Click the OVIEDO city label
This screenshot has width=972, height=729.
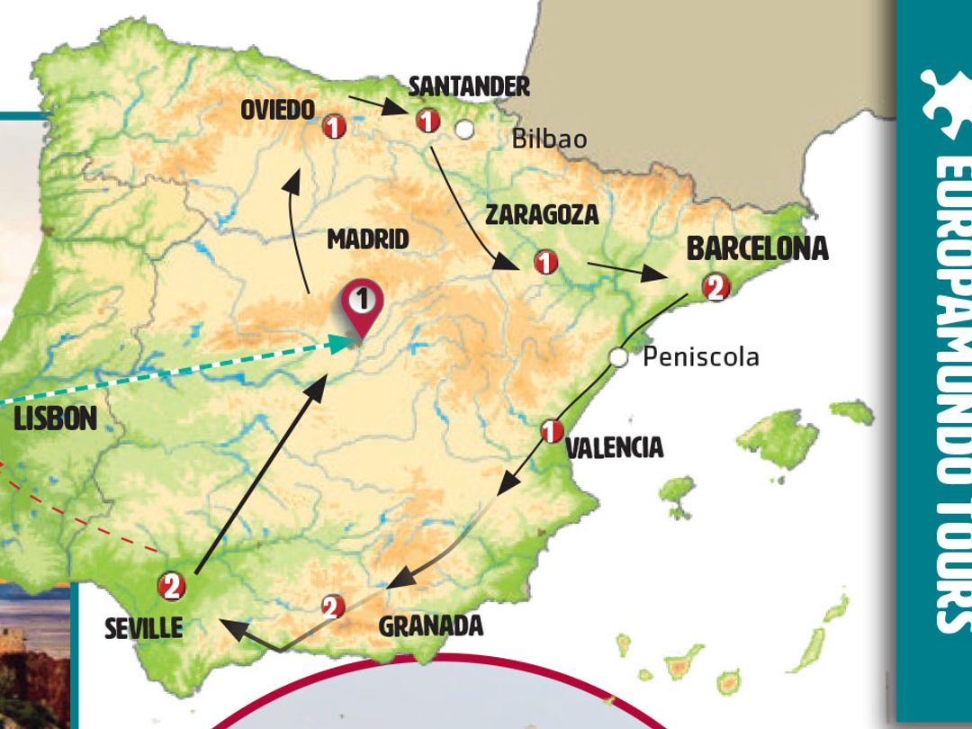[x=278, y=110]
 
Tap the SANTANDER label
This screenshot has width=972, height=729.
[x=469, y=86]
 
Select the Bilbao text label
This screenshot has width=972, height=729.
[x=549, y=139]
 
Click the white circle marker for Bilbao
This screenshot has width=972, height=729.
[x=464, y=130]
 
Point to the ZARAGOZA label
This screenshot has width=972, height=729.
[x=542, y=214]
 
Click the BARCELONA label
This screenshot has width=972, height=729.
[x=757, y=249]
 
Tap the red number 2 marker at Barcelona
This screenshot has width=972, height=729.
[x=715, y=287]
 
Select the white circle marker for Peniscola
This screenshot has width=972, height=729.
[x=618, y=357]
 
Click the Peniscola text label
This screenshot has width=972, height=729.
[x=700, y=357]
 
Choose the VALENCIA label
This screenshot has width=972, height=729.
[x=616, y=447]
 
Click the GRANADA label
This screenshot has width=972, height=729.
[x=430, y=625]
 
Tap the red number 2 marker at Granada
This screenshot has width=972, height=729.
[x=332, y=607]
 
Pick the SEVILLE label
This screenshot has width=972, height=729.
[x=144, y=627]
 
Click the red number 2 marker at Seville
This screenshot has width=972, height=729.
[x=171, y=587]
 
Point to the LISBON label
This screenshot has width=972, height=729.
[x=55, y=418]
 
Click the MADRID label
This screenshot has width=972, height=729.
[x=367, y=239]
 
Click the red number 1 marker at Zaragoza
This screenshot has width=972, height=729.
[x=545, y=263]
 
